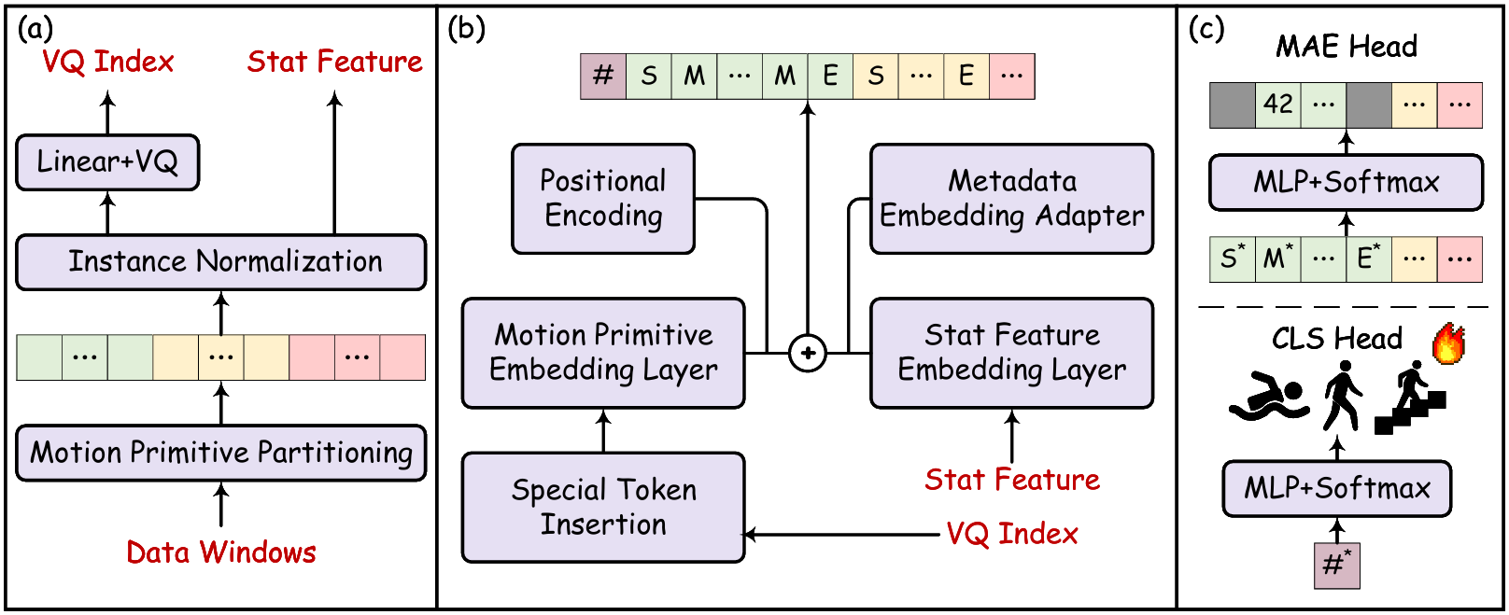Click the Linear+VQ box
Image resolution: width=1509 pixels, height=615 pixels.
click(x=107, y=162)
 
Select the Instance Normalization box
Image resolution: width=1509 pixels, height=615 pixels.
click(x=221, y=261)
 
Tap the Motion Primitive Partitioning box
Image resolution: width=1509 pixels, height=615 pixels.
click(x=221, y=453)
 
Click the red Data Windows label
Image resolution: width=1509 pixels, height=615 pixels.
click(x=221, y=552)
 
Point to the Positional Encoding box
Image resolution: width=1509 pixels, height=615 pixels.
click(x=603, y=198)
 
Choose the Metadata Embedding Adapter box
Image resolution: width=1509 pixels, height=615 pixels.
click(x=1011, y=198)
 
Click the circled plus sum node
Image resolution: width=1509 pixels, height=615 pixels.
click(x=808, y=354)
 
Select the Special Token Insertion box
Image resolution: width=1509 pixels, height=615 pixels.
click(x=603, y=507)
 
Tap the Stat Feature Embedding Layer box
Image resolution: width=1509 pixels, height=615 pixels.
click(x=1011, y=353)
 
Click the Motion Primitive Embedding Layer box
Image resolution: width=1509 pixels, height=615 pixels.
click(x=603, y=353)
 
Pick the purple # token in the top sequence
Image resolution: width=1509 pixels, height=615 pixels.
click(x=603, y=76)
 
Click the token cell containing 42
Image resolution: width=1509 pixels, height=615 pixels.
click(x=1277, y=105)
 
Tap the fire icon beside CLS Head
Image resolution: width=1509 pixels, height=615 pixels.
click(x=1448, y=343)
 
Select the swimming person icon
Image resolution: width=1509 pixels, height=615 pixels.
click(x=1268, y=397)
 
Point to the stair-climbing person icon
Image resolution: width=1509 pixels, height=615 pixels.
click(x=1410, y=401)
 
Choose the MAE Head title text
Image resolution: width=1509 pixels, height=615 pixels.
click(x=1346, y=46)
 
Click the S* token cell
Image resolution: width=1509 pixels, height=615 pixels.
click(x=1232, y=259)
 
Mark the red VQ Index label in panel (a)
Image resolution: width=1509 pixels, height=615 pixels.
click(x=107, y=62)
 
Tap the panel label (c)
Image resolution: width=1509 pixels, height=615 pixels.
click(x=1206, y=29)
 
